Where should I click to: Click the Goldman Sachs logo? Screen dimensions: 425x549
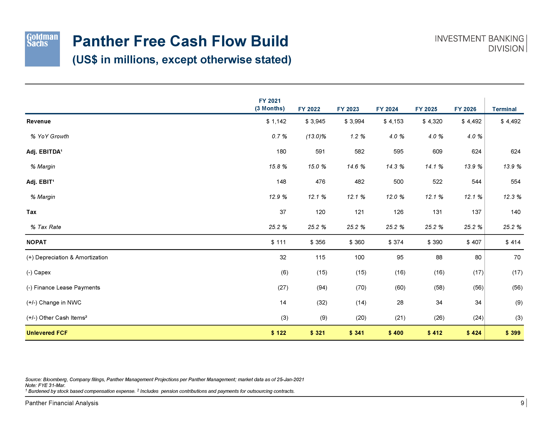click(42, 49)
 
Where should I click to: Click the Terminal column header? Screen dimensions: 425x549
click(504, 109)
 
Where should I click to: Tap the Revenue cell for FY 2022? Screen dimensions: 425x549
click(315, 121)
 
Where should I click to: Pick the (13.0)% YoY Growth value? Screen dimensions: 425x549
click(316, 136)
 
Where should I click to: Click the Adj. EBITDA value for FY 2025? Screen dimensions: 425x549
click(437, 151)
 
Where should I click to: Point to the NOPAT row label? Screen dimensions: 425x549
click(36, 242)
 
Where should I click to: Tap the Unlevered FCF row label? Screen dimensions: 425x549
click(47, 333)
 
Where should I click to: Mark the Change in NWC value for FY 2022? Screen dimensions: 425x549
click(322, 303)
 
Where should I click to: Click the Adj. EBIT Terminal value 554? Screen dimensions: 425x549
click(515, 182)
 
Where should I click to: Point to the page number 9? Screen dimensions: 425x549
click(522, 403)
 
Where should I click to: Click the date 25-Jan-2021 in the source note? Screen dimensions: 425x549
click(290, 379)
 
